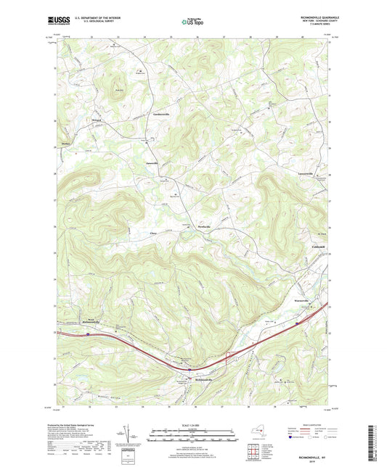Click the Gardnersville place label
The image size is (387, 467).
click(161, 115)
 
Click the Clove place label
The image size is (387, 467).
click(153, 233)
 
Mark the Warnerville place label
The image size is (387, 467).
click(303, 299)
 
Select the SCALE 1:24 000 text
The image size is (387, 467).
click(193, 423)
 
